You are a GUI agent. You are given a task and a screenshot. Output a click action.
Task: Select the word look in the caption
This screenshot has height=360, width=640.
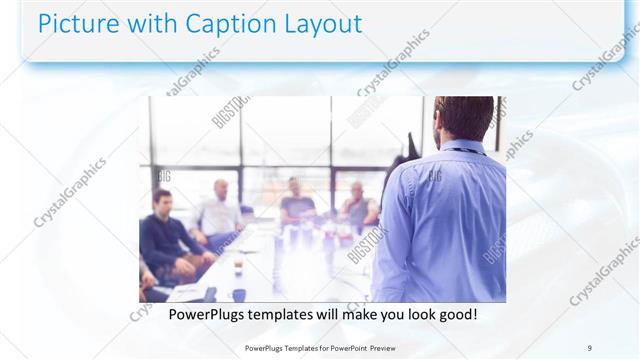click(x=410, y=314)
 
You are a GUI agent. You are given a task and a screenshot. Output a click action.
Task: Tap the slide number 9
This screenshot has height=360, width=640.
click(x=589, y=347)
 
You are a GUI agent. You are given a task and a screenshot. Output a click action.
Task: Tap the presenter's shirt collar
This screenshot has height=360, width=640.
click(x=462, y=146)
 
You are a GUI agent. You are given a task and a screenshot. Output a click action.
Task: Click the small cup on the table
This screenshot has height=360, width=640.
click(x=238, y=266)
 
